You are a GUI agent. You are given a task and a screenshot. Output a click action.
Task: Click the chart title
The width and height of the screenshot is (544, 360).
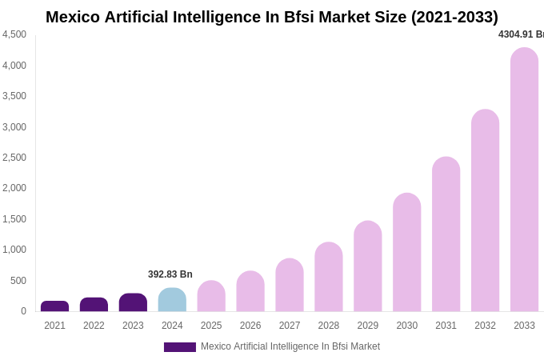click(272, 17)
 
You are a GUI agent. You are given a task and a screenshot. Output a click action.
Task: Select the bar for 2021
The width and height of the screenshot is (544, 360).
click(54, 306)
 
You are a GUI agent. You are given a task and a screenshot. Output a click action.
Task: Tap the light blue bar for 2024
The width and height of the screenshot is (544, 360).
click(172, 300)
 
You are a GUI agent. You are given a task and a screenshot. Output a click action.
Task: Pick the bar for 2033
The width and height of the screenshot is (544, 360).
click(524, 180)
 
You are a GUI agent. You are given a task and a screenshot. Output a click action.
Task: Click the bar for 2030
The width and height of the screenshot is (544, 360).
click(406, 252)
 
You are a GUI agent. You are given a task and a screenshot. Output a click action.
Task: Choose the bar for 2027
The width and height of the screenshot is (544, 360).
click(290, 285)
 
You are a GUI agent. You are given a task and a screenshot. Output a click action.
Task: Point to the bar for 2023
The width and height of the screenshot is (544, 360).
click(133, 302)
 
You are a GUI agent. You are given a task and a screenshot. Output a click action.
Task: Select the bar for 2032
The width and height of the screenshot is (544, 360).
click(485, 210)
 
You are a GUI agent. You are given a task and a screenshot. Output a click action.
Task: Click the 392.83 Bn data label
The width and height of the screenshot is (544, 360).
click(170, 274)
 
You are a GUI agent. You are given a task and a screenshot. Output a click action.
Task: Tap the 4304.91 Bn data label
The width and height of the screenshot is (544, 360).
click(520, 34)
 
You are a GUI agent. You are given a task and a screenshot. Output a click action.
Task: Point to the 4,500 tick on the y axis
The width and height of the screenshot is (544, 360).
click(14, 34)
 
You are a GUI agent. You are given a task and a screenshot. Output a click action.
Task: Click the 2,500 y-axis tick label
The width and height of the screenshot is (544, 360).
click(14, 158)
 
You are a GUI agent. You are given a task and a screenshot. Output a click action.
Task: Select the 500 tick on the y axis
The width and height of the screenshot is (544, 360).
click(18, 281)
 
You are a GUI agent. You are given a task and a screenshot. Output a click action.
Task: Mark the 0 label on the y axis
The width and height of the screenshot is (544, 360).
click(23, 311)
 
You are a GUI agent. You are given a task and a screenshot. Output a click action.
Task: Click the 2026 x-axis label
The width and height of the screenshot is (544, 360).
click(250, 326)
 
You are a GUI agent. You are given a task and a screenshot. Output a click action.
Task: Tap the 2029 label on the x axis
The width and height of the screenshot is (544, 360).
click(367, 326)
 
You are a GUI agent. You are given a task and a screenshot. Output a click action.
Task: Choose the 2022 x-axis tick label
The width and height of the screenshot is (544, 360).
click(94, 326)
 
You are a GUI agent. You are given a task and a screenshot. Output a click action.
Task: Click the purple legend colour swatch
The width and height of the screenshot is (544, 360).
click(179, 347)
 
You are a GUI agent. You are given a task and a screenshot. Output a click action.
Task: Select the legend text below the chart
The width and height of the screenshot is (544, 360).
click(290, 346)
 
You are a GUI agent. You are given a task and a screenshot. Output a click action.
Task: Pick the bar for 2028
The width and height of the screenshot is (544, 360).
click(328, 277)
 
